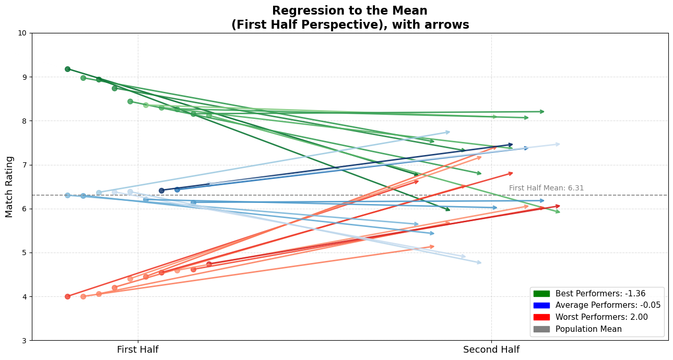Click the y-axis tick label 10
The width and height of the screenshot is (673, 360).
(22, 33)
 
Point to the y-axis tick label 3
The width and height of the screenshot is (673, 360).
(24, 341)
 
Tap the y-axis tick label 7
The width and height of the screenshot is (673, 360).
(24, 165)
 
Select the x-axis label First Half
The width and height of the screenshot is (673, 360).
(138, 350)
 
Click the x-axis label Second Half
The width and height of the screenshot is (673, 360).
(491, 350)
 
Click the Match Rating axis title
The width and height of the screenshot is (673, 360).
(9, 186)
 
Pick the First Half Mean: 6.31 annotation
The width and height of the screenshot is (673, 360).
(546, 188)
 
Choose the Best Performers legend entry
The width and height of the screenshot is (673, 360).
(600, 294)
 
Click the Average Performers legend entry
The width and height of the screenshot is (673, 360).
(608, 305)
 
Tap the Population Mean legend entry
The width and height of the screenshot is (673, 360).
(588, 329)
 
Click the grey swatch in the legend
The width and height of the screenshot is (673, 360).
(542, 329)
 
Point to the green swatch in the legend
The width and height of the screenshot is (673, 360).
(542, 294)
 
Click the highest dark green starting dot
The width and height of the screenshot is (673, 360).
(67, 69)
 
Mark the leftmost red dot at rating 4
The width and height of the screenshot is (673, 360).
(67, 296)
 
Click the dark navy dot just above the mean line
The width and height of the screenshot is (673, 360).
(161, 190)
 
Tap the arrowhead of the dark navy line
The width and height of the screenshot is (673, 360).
(511, 145)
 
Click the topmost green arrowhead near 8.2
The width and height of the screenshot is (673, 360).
(542, 111)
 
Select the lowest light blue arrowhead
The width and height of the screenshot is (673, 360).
(479, 262)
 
